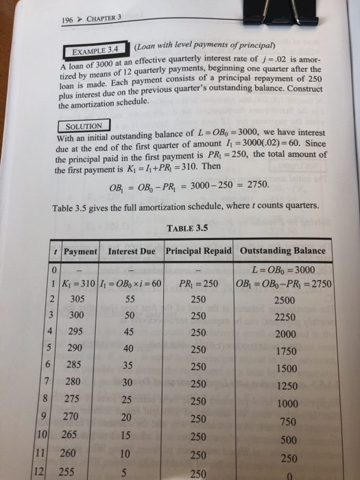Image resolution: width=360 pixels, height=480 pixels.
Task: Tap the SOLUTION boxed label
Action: coord(82,127)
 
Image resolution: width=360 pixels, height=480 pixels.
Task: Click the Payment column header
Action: coord(80,251)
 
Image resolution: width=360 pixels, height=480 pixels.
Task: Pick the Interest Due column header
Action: coord(132,251)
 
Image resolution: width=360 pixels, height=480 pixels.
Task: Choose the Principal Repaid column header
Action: coord(198,251)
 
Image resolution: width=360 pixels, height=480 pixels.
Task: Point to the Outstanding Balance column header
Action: coord(282,251)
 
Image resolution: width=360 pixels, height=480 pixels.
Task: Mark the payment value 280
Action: coord(74,381)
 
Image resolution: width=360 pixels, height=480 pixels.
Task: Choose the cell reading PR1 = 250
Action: coord(197,283)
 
